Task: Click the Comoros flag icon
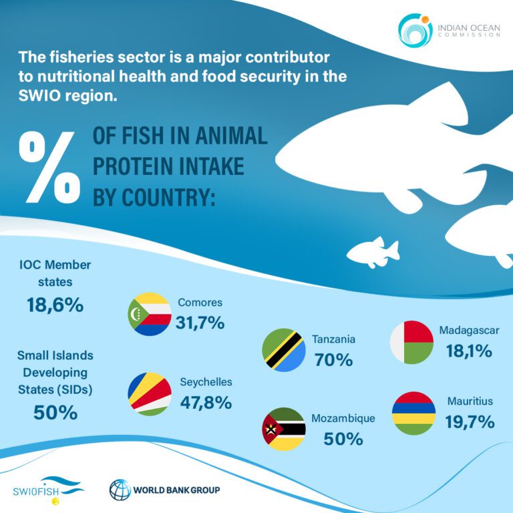pos(150,314)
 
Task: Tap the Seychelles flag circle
pos(150,394)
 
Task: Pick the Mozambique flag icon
pos(284,429)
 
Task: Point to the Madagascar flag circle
pos(412,343)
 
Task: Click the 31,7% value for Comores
pos(200,323)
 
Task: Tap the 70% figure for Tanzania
pos(333,360)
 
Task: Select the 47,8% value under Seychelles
pos(206,403)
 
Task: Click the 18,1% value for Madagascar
pos(469,351)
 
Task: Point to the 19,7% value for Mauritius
pos(471,421)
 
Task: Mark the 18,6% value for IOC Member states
pos(55,306)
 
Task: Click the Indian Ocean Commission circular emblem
pos(415,29)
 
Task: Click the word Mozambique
pos(343,419)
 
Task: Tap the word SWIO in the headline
pos(39,96)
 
